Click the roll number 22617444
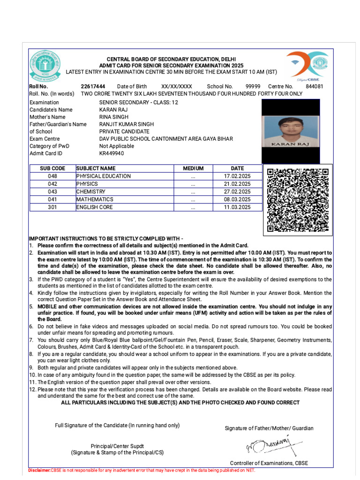click(x=93, y=86)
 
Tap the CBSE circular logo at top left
click(x=45, y=65)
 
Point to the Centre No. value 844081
click(x=314, y=86)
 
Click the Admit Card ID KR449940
click(x=112, y=153)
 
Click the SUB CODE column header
click(x=52, y=168)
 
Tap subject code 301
click(x=52, y=207)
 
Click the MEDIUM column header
click(x=193, y=168)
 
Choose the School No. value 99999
click(x=253, y=86)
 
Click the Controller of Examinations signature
click(x=271, y=445)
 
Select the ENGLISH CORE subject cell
click(x=95, y=207)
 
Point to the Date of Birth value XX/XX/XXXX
click(x=177, y=86)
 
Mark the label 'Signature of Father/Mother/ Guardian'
click(x=269, y=428)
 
